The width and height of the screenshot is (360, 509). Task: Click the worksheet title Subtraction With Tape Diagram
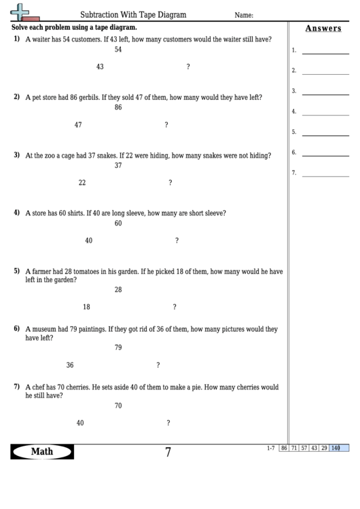(x=133, y=14)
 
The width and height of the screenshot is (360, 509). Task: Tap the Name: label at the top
(x=244, y=14)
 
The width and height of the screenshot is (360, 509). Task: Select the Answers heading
(x=323, y=29)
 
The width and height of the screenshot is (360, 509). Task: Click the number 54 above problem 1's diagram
(x=118, y=50)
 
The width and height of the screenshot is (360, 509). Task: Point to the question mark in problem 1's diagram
(x=187, y=67)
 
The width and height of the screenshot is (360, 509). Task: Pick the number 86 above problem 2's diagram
(x=118, y=107)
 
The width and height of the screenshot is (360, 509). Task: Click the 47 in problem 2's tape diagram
(x=78, y=124)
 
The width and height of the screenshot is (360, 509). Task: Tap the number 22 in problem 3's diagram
(x=82, y=182)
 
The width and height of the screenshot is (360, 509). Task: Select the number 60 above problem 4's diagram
(x=118, y=223)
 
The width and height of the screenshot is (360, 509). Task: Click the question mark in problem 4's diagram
(x=177, y=241)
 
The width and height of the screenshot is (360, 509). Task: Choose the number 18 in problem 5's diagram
(x=86, y=306)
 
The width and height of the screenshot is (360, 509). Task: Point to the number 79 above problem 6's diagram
(x=118, y=347)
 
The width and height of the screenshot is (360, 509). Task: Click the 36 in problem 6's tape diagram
(x=70, y=365)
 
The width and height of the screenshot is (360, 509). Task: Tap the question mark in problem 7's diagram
(x=168, y=423)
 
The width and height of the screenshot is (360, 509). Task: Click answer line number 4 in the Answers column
(x=325, y=111)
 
